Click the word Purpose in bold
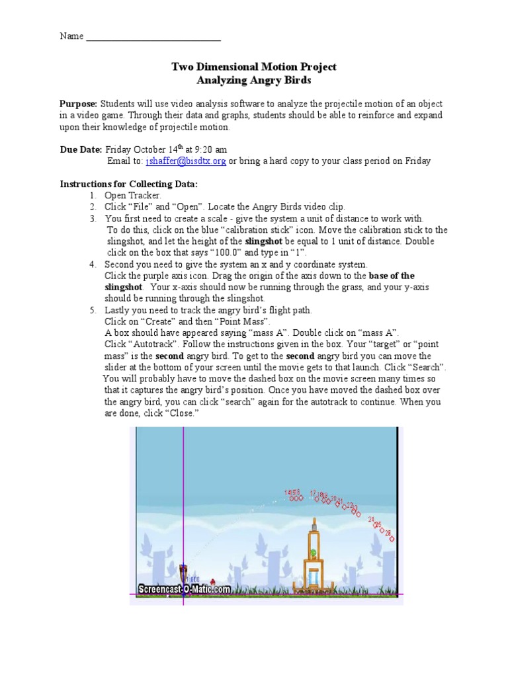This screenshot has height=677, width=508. tap(79, 104)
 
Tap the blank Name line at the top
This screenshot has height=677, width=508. tap(153, 36)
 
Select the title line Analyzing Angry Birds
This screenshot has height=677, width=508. tap(254, 79)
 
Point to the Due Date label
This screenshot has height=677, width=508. tap(81, 149)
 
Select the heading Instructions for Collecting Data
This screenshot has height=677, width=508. tap(128, 183)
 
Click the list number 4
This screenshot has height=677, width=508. tap(93, 264)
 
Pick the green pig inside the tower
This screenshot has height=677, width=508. tap(314, 553)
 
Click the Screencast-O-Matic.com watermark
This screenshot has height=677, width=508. tap(184, 589)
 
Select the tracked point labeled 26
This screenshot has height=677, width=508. tap(391, 538)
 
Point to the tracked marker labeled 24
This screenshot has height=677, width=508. tap(372, 520)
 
